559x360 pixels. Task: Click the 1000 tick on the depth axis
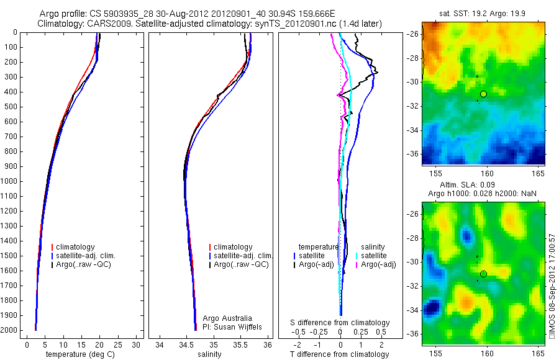click(x=11, y=181)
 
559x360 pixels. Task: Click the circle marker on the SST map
click(x=484, y=94)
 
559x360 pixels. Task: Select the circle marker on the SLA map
click(x=484, y=274)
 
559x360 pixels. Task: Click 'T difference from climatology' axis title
click(x=339, y=354)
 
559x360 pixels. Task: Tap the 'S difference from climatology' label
click(x=340, y=323)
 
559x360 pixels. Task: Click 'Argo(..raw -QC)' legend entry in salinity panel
click(x=241, y=264)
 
